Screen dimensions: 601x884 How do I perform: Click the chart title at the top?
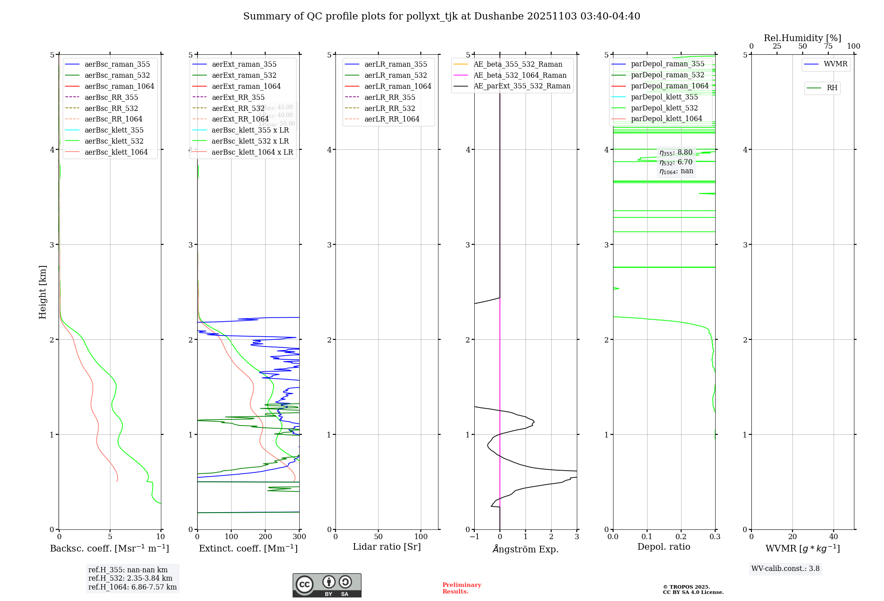click(442, 16)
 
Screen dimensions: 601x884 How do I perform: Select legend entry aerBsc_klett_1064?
click(116, 152)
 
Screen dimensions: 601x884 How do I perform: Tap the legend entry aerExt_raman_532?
click(244, 75)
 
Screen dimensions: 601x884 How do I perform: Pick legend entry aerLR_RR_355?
click(389, 97)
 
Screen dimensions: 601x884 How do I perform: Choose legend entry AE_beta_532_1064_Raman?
click(520, 75)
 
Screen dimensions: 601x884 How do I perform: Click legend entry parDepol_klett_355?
click(664, 97)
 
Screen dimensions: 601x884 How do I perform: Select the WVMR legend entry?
click(835, 64)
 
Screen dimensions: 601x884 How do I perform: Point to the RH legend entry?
click(832, 88)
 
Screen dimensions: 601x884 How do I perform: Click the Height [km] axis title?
click(42, 292)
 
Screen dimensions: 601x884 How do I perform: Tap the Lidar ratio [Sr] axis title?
click(387, 547)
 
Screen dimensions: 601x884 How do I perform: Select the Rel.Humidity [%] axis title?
click(802, 38)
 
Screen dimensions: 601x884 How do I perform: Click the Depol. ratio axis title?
click(663, 547)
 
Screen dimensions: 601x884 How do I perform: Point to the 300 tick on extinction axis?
click(300, 536)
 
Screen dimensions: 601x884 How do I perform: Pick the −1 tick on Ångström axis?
click(474, 536)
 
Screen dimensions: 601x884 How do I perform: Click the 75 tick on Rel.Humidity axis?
click(828, 46)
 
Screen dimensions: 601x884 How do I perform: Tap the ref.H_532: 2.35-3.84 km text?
click(130, 578)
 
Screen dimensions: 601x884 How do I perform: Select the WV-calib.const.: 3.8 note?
click(785, 568)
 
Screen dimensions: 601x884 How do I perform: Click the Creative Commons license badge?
click(327, 585)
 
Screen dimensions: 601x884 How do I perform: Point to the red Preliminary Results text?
click(461, 588)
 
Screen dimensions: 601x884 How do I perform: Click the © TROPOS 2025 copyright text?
click(686, 587)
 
